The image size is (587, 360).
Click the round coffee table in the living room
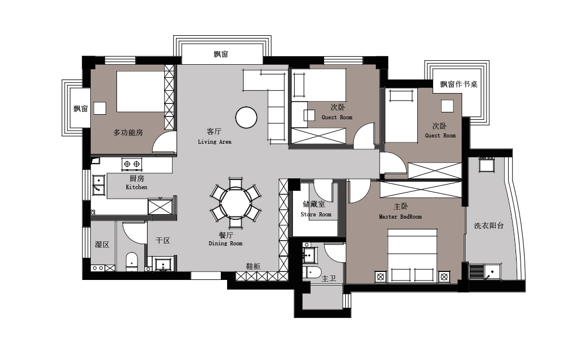coord(246,117)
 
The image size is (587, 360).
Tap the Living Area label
coord(215,141)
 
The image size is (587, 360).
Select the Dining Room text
coord(225,244)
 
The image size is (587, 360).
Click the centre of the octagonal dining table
coord(236,203)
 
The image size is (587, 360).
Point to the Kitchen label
coord(137,187)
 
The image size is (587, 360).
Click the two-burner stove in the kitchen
coord(132,164)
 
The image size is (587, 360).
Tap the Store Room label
coord(316,215)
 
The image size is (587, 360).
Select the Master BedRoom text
coord(400,216)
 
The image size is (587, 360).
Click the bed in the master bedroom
coord(412,256)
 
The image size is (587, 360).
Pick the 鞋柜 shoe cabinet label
coord(253,266)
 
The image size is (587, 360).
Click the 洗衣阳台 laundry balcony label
coord(489,225)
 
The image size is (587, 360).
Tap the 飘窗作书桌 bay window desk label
coord(459,84)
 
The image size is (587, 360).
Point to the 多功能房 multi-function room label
coord(128,132)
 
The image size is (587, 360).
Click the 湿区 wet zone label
coord(102,245)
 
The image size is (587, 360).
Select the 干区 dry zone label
coord(163,241)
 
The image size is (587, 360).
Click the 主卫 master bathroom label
coord(329,278)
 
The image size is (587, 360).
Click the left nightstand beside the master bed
coord(380,277)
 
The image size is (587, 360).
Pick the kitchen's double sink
coord(98,185)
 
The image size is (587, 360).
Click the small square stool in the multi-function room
coord(99,108)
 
